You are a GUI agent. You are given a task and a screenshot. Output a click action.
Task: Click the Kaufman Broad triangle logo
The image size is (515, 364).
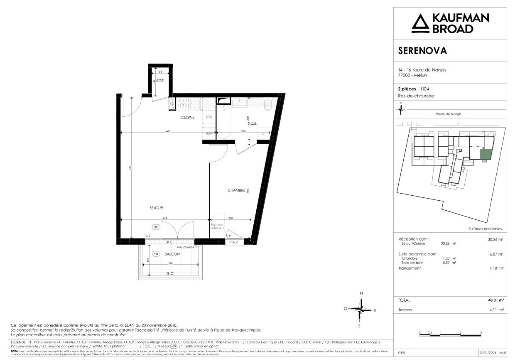tap(420, 23)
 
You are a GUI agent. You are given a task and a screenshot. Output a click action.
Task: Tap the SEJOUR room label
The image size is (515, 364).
tap(156, 208)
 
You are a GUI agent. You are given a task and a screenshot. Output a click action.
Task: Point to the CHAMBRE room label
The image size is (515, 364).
tap(236, 190)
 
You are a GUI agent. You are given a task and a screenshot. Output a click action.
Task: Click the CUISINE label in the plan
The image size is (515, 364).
tap(187, 118)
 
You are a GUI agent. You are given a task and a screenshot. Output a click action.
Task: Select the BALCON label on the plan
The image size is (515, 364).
tap(172, 254)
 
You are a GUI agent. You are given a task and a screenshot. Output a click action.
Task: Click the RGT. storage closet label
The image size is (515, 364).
tap(161, 81)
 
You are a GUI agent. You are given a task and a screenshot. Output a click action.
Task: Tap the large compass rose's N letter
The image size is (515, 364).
tap(361, 293)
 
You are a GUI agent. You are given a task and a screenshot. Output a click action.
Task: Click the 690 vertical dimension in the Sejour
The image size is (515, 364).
tap(130, 167)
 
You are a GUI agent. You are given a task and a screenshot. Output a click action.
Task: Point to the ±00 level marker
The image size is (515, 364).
tap(156, 227)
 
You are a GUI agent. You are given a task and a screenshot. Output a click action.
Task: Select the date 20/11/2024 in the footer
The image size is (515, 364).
tap(488, 353)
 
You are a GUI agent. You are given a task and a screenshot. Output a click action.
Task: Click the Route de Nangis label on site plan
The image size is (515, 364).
tap(449, 114)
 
